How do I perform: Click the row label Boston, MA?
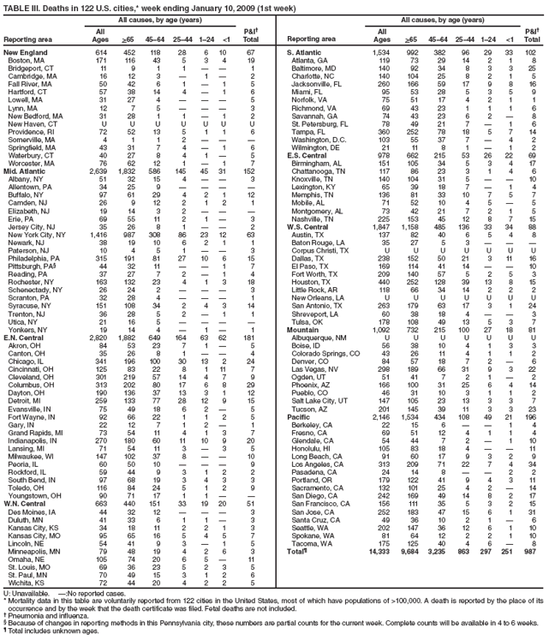25,61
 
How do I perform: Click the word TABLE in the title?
17,7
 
